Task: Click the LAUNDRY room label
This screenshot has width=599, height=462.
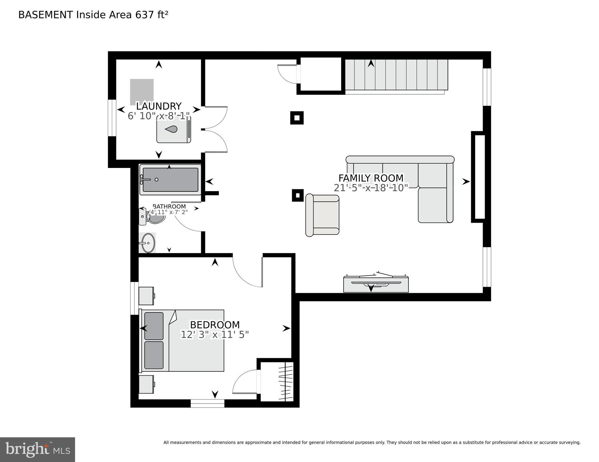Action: click(159, 106)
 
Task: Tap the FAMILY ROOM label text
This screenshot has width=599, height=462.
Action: click(370, 178)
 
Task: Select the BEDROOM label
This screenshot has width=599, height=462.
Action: click(215, 325)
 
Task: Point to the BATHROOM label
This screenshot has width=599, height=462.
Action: click(169, 206)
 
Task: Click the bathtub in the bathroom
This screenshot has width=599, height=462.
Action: click(170, 180)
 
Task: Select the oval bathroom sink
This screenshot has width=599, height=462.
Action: click(148, 243)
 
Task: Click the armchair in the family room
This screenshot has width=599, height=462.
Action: click(322, 215)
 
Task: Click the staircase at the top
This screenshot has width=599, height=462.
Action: click(396, 75)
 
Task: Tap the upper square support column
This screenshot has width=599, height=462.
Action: click(297, 118)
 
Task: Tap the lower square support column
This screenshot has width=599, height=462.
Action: click(298, 195)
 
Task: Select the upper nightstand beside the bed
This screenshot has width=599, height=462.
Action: click(146, 296)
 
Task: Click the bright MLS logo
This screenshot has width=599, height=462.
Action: click(37, 450)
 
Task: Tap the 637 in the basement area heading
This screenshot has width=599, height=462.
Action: click(145, 15)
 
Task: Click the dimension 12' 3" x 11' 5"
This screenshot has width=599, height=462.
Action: click(215, 335)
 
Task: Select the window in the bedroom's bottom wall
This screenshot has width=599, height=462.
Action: click(207, 403)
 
